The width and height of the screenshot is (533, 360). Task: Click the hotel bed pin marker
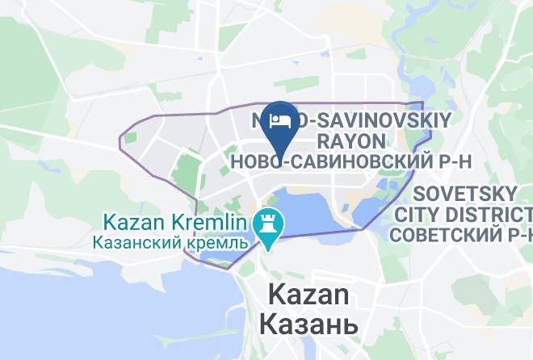(279, 123)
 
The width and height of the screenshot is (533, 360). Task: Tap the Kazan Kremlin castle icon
(265, 223)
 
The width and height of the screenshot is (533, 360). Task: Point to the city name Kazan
(308, 295)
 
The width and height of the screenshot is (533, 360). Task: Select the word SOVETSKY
(463, 195)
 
